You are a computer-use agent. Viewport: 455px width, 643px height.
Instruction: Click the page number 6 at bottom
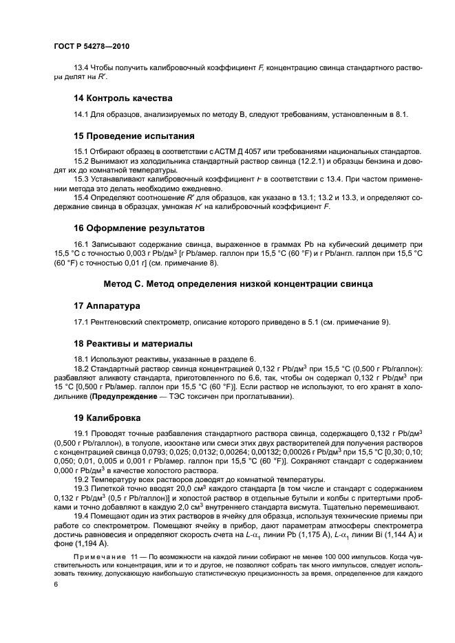(x=56, y=583)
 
